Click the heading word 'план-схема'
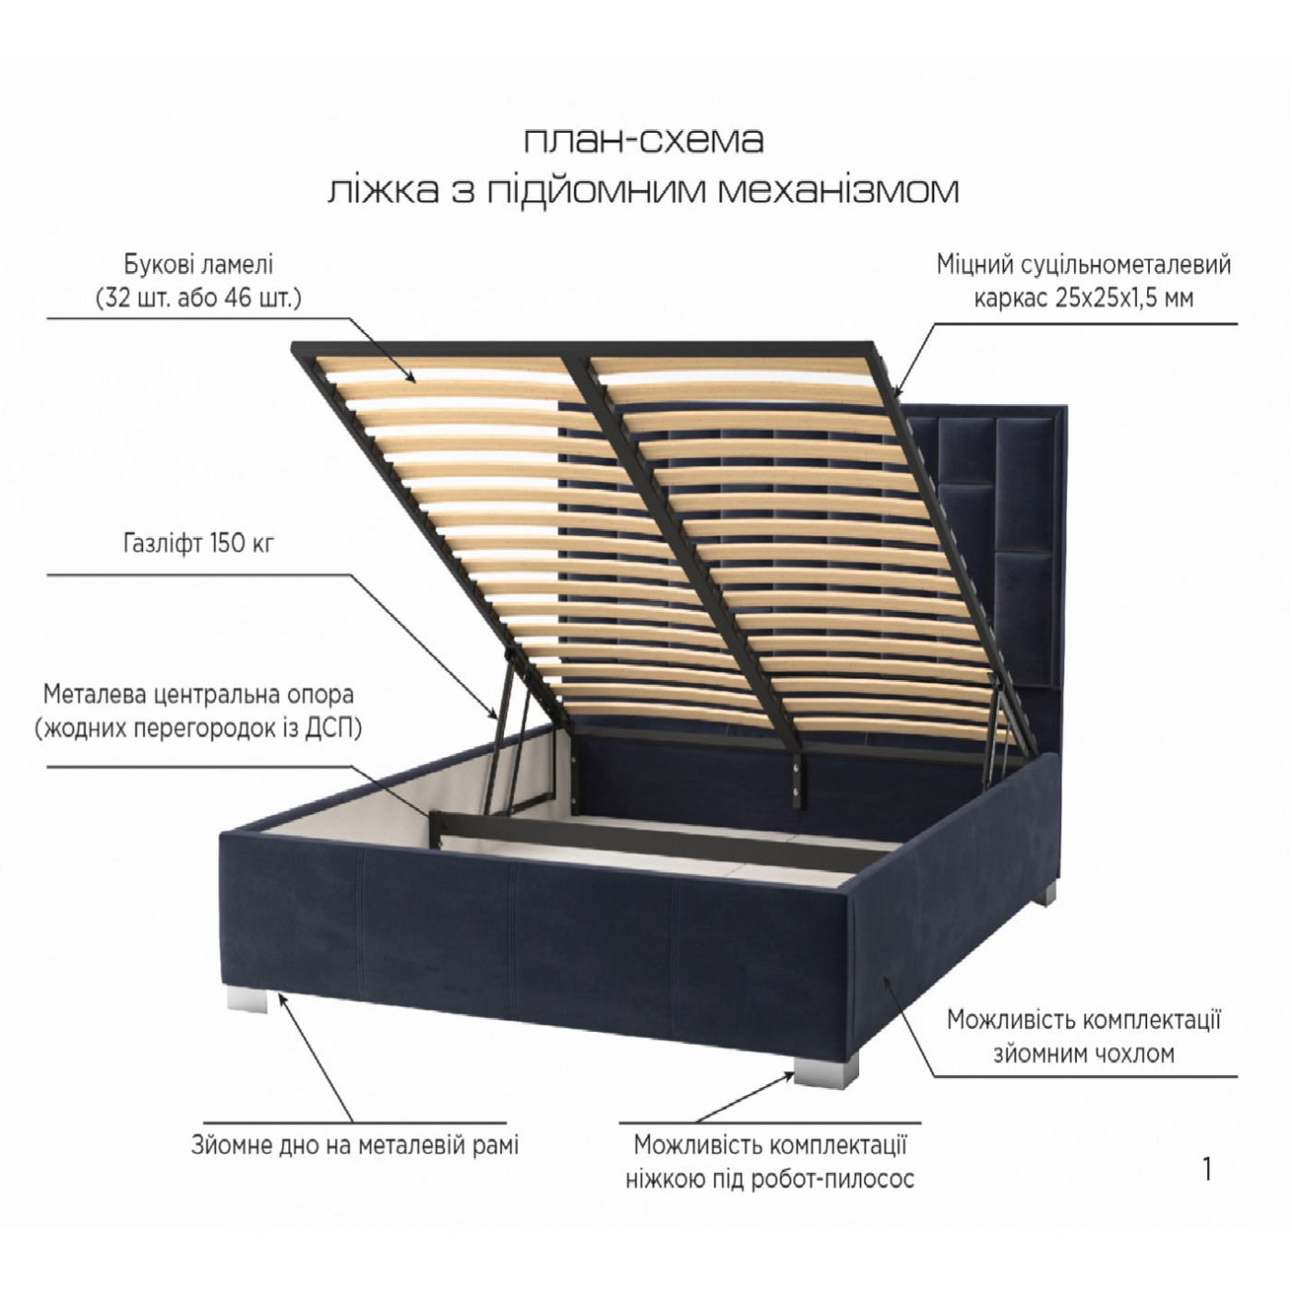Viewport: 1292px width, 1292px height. pos(643,141)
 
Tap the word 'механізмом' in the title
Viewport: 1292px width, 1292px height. pos(838,190)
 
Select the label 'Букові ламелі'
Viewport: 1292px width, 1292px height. pos(198,266)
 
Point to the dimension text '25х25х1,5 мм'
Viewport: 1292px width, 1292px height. pos(1124,298)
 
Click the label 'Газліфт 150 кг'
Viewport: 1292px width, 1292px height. pos(199,543)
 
